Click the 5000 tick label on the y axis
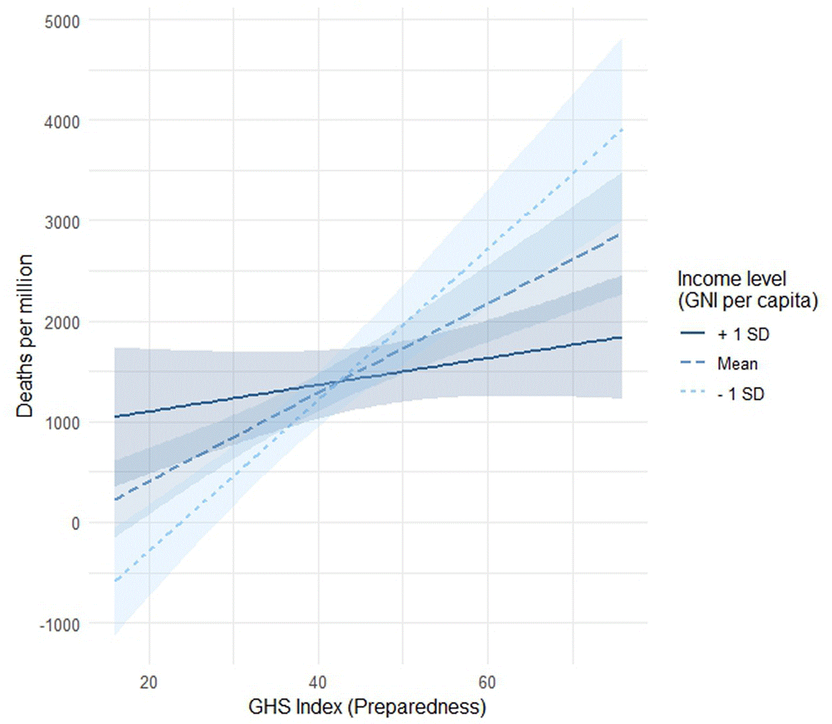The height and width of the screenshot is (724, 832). (x=62, y=22)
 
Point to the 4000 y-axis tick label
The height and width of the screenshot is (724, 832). (x=62, y=122)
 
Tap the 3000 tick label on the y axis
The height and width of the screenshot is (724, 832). (x=62, y=223)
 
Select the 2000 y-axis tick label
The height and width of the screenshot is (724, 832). (x=62, y=323)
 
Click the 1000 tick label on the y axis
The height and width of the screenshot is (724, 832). (x=62, y=423)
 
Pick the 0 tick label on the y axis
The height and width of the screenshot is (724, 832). (x=75, y=524)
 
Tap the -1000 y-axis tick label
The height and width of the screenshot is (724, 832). (x=60, y=625)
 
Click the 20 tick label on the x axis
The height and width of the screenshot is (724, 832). (x=149, y=682)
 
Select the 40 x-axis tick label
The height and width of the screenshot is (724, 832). (x=318, y=682)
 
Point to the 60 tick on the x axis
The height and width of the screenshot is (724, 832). (x=487, y=682)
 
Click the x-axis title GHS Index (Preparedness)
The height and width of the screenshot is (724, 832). (x=367, y=707)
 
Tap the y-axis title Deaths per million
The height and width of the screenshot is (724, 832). (x=24, y=336)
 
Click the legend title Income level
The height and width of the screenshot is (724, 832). (x=731, y=278)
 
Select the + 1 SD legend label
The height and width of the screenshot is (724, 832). (x=743, y=335)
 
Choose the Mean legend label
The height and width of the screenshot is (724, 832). (x=737, y=364)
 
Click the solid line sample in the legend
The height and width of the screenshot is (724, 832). (x=693, y=333)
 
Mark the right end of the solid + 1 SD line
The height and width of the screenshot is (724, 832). (x=622, y=338)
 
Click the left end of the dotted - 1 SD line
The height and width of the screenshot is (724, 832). (x=115, y=581)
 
